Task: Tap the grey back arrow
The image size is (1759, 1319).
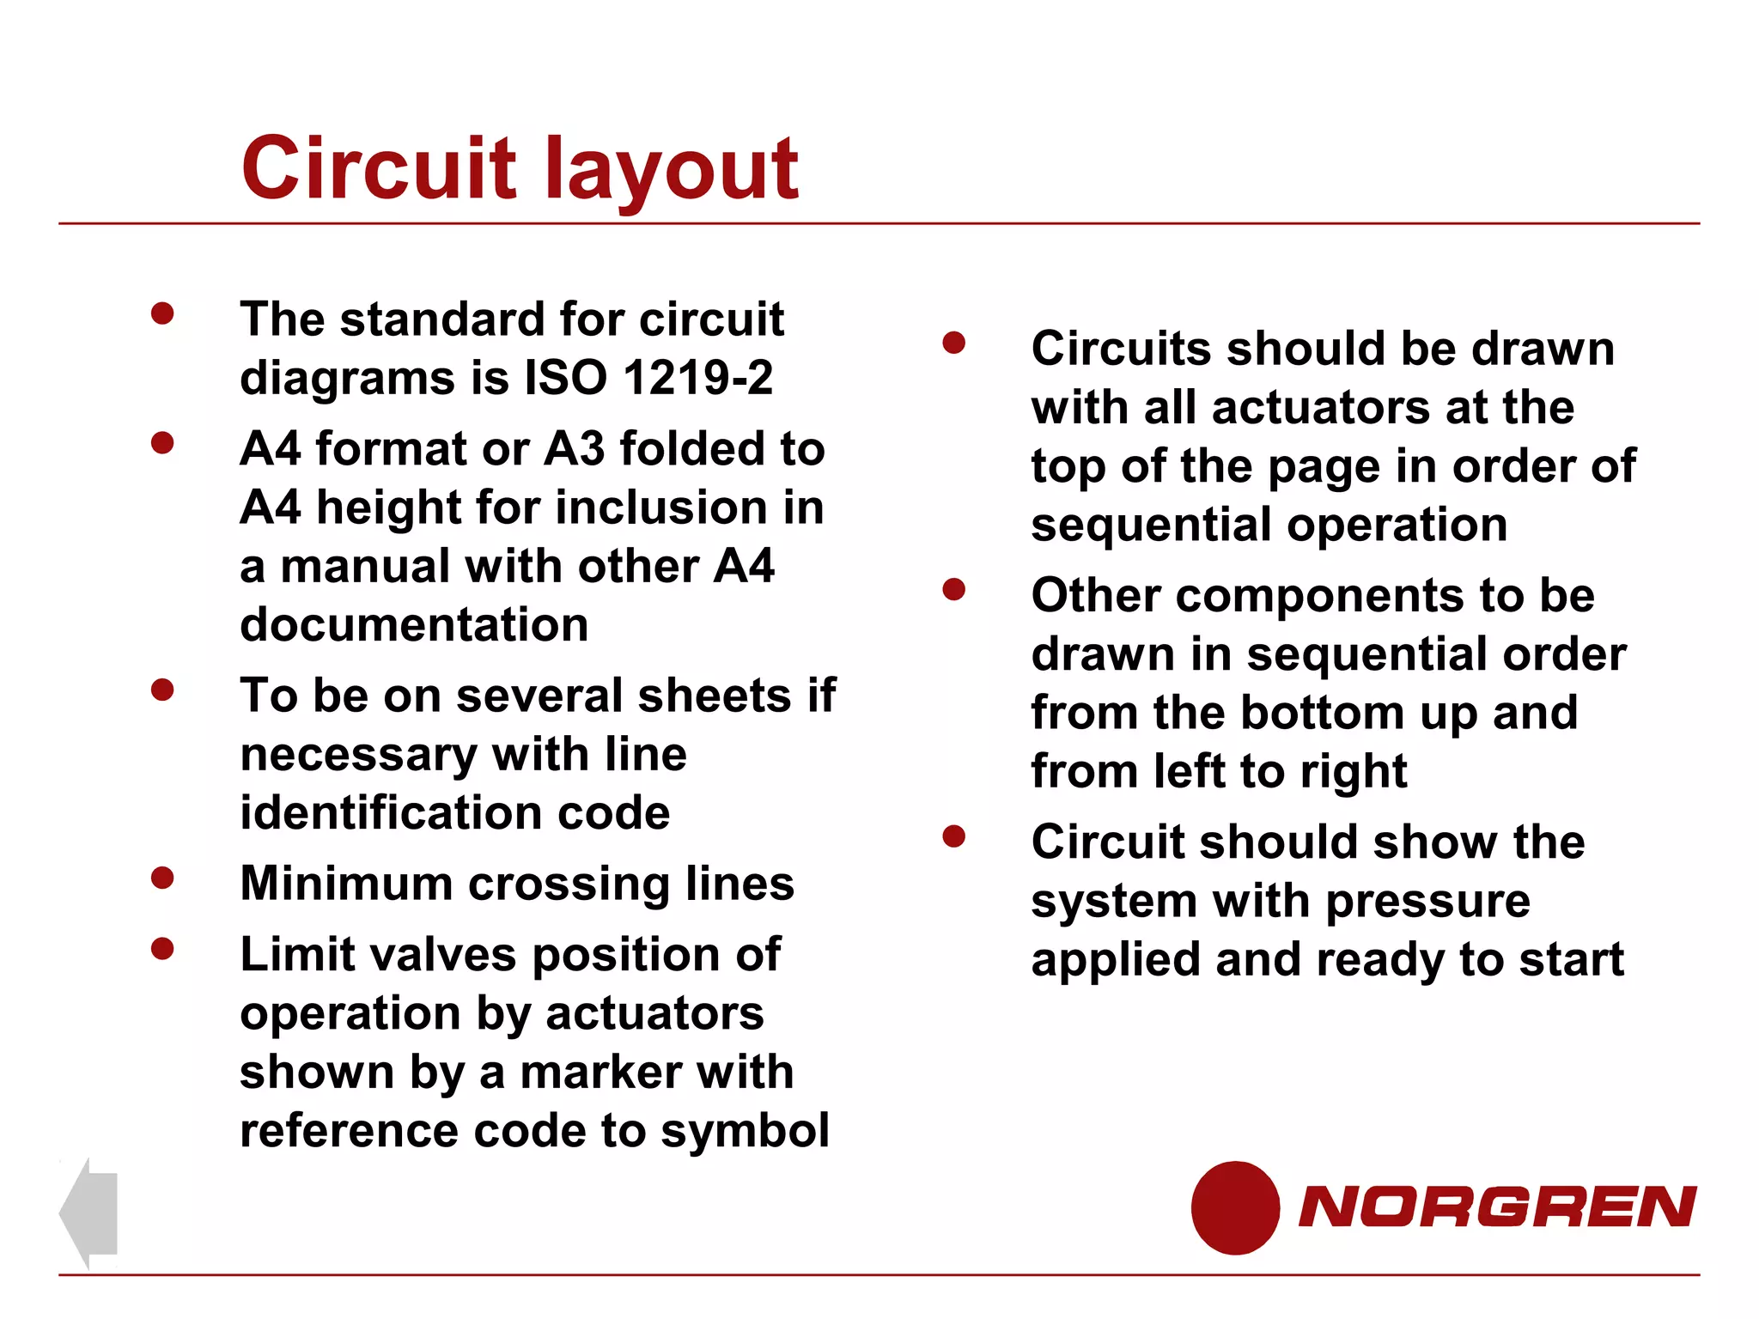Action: (88, 1213)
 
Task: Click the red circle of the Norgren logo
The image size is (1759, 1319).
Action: (1235, 1207)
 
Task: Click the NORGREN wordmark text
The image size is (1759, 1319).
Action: (1496, 1207)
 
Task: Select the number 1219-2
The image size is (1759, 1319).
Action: (698, 378)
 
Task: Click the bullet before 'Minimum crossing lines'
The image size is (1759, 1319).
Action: (162, 878)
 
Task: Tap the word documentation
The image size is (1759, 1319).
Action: (414, 624)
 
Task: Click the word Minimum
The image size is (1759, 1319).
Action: (345, 884)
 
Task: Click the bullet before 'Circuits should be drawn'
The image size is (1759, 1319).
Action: (953, 343)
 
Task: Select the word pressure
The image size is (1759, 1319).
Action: (1427, 902)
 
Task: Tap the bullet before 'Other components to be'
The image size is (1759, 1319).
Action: (953, 590)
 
